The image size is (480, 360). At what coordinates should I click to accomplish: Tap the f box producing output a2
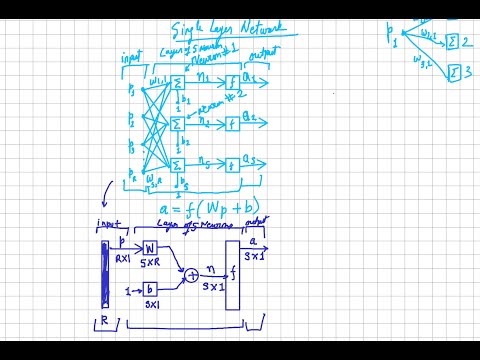(233, 124)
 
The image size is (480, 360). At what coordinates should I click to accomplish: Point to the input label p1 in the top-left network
(132, 91)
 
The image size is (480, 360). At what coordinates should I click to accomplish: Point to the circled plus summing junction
(189, 273)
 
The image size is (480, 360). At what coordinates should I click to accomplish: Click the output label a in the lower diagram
(253, 241)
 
